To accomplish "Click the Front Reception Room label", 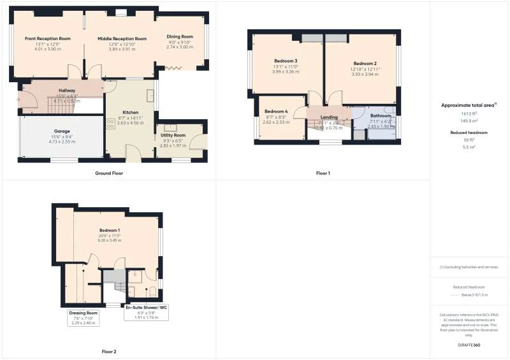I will click(48, 39).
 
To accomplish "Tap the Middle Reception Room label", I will click(122, 39).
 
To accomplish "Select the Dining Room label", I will click(179, 37).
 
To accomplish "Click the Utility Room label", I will click(173, 135).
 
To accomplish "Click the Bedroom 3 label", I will click(286, 61).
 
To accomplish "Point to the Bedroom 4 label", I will click(276, 112).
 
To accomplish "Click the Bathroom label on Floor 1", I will click(381, 116).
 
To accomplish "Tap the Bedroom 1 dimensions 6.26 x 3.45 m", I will click(110, 240).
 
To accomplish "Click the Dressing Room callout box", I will click(84, 318).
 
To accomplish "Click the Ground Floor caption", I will click(108, 173).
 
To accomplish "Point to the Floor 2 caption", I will click(108, 351).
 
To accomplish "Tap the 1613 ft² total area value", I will click(469, 113).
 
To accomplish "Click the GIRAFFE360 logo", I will click(469, 345).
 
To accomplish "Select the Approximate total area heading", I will click(469, 104).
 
